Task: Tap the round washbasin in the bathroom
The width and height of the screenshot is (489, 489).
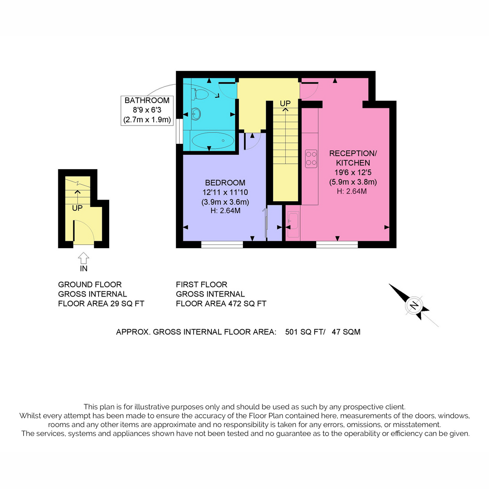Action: click(196, 114)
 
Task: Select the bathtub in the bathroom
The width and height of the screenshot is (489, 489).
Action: click(213, 140)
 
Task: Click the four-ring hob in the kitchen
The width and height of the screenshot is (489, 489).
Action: click(311, 159)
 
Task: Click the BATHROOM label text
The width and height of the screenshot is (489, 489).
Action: click(147, 100)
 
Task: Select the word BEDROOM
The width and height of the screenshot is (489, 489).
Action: click(225, 183)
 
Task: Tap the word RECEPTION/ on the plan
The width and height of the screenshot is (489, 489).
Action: click(353, 153)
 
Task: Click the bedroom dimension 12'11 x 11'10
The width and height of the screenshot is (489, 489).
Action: click(225, 192)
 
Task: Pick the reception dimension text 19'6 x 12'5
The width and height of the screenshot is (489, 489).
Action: click(353, 172)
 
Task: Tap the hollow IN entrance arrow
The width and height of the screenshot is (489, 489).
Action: click(84, 258)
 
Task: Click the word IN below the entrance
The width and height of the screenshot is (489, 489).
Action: click(84, 269)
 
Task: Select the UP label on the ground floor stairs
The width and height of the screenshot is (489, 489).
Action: click(77, 208)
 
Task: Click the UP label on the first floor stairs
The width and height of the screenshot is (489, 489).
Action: click(285, 103)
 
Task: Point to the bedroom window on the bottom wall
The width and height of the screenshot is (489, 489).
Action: click(222, 244)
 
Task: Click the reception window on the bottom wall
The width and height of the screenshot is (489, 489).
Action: click(337, 244)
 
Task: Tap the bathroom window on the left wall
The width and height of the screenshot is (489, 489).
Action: click(179, 132)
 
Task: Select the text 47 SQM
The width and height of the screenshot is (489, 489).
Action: click(346, 332)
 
